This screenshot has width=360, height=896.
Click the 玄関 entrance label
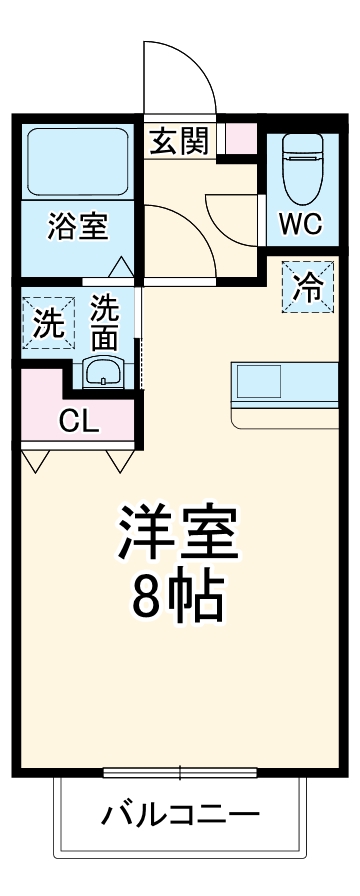[180, 141]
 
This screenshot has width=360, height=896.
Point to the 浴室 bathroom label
[77, 226]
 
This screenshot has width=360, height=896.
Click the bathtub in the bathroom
[77, 160]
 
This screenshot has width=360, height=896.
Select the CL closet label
[77, 421]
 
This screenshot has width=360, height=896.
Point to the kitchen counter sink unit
[286, 386]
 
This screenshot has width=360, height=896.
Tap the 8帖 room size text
[180, 599]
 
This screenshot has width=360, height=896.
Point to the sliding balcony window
[180, 771]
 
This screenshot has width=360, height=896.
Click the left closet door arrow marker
[36, 460]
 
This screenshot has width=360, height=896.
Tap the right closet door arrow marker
[120, 460]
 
